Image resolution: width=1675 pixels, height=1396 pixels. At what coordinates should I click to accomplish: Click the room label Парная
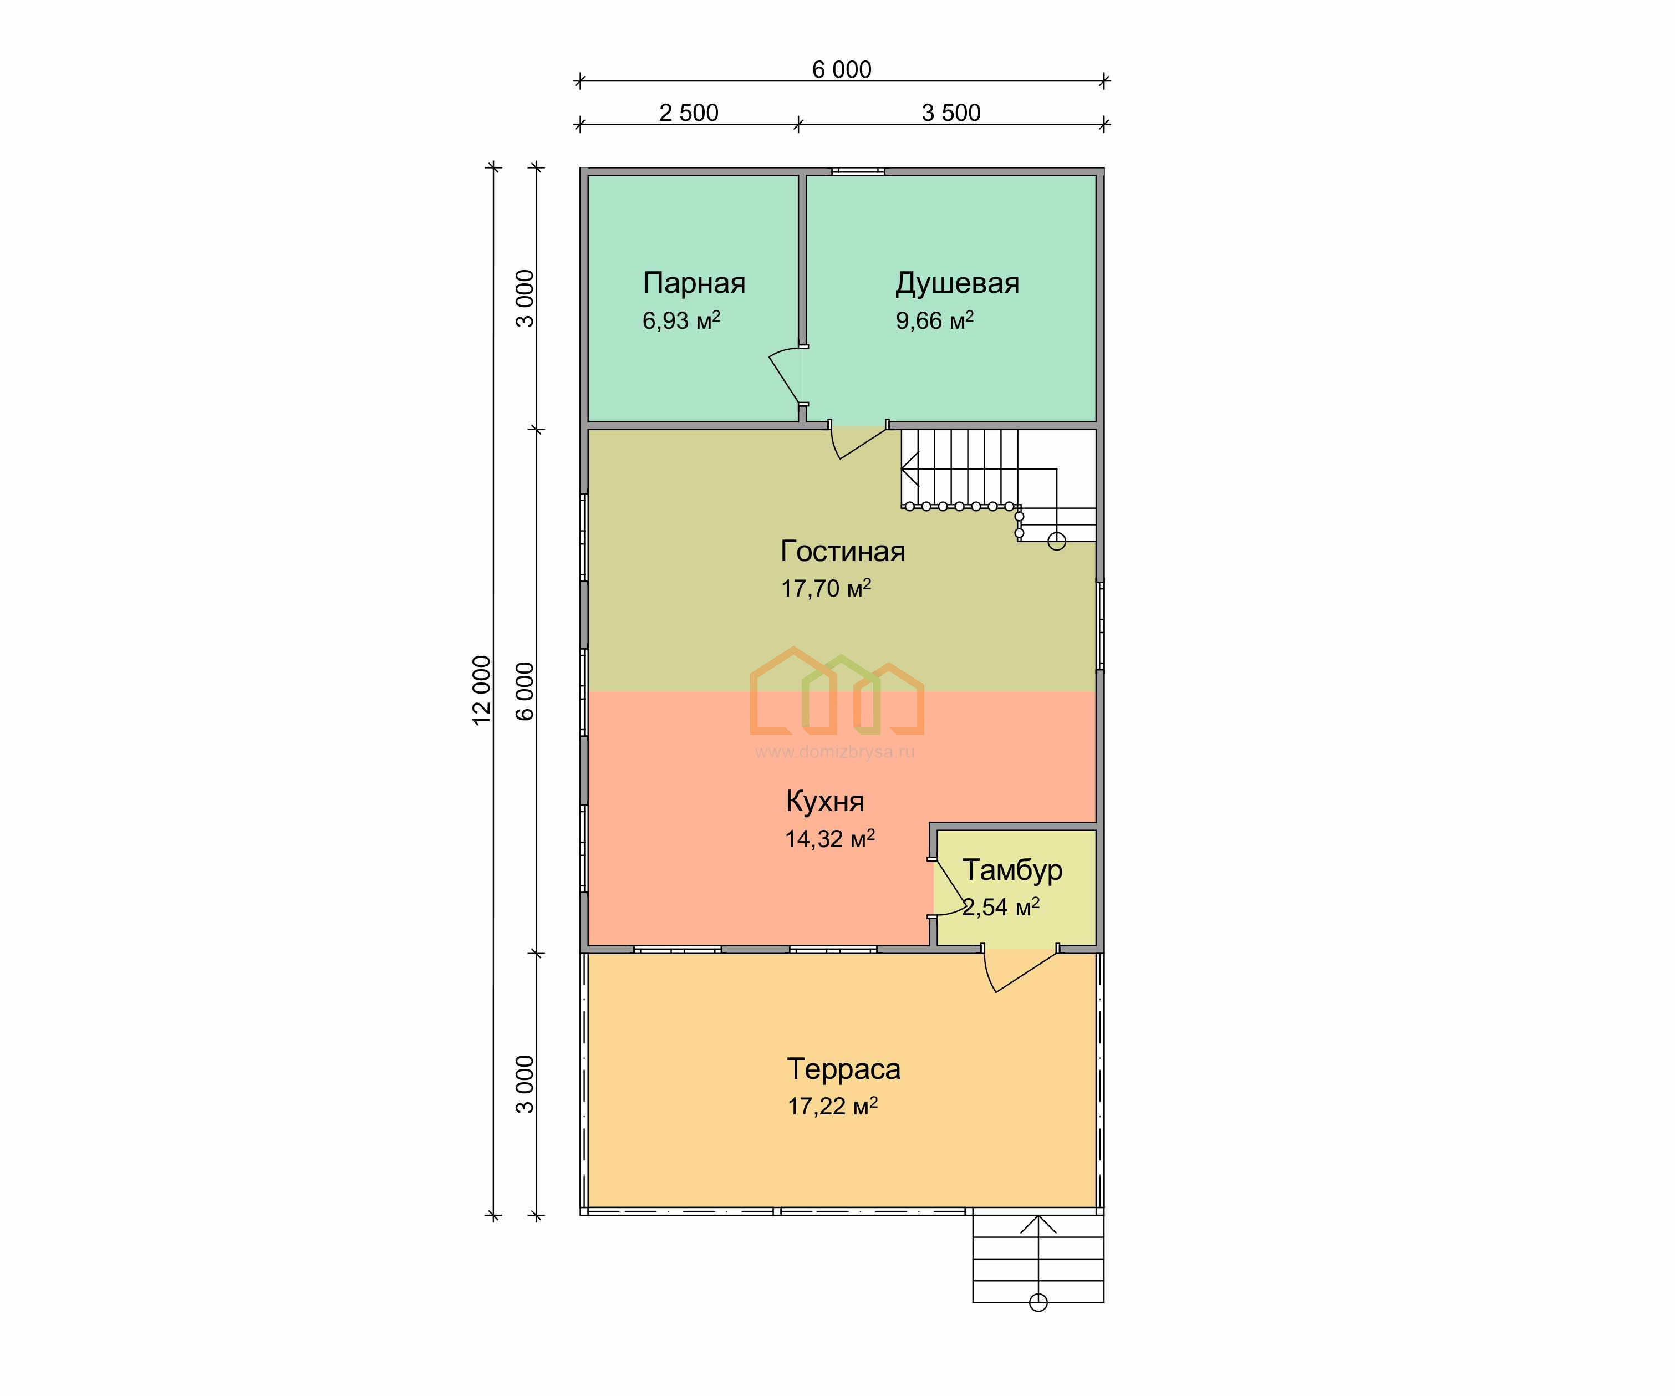pyautogui.click(x=694, y=283)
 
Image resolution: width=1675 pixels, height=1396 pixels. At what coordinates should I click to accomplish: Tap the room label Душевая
pyautogui.click(x=957, y=283)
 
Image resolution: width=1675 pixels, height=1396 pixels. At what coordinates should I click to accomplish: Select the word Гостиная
pyautogui.click(x=842, y=551)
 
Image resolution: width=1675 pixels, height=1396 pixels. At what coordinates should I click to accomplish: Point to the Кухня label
pyautogui.click(x=824, y=802)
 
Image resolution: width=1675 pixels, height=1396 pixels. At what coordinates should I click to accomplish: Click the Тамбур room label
pyautogui.click(x=1012, y=869)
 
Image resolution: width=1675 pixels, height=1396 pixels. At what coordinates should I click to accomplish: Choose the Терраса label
pyautogui.click(x=843, y=1069)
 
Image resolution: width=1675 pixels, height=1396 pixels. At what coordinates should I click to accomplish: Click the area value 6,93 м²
pyautogui.click(x=681, y=320)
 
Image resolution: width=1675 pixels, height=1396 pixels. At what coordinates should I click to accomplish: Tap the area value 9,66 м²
pyautogui.click(x=934, y=320)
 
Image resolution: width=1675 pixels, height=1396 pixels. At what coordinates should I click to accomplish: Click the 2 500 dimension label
pyautogui.click(x=688, y=113)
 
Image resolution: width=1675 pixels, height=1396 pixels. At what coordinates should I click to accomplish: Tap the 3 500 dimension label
pyautogui.click(x=951, y=113)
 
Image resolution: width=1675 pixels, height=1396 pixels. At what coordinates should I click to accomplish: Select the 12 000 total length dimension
pyautogui.click(x=482, y=690)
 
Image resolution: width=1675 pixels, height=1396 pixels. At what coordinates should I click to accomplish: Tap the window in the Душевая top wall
pyautogui.click(x=858, y=171)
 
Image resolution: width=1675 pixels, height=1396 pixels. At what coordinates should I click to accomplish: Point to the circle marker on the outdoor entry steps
pyautogui.click(x=1038, y=1303)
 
